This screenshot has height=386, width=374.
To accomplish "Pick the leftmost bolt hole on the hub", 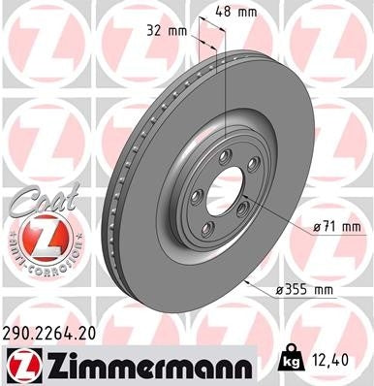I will tap(196, 199).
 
